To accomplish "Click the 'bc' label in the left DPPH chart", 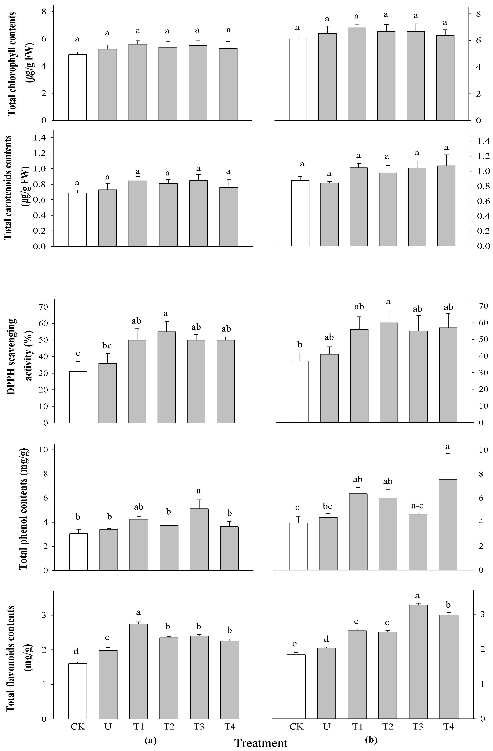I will point(107,346).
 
